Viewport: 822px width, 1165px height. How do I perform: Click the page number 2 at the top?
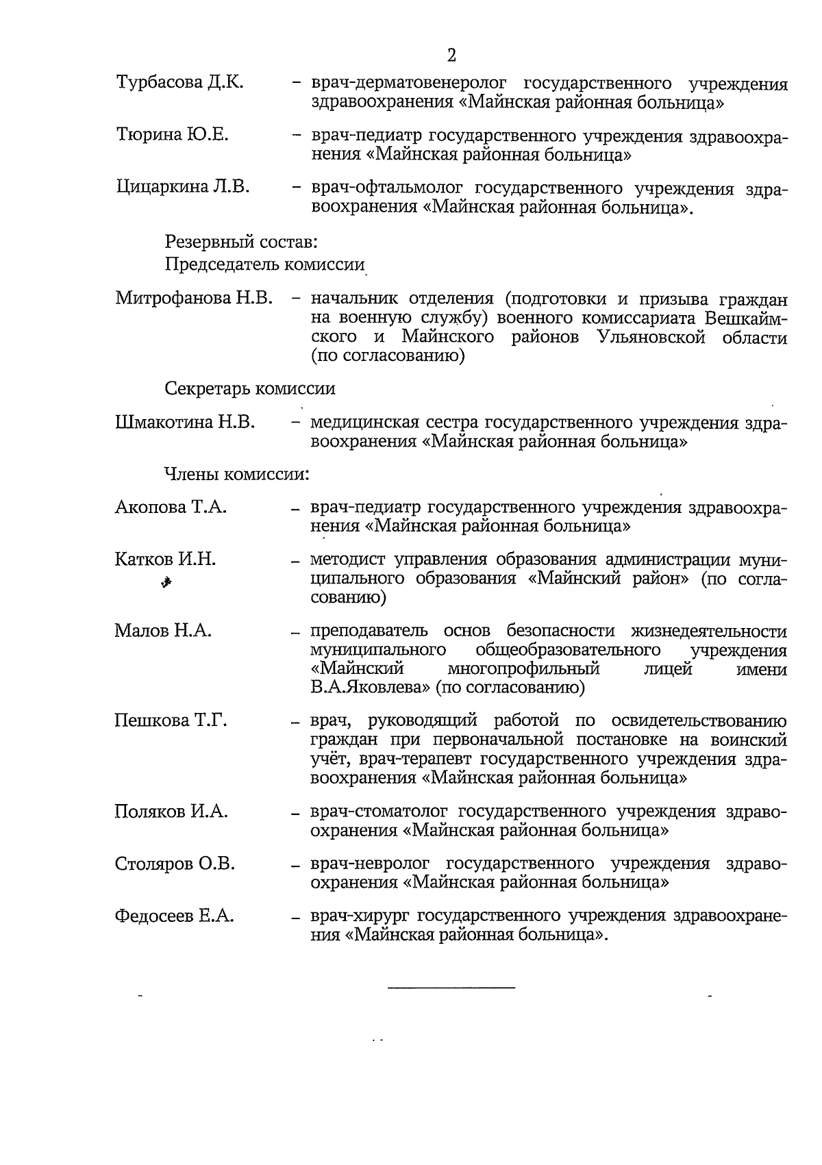tap(451, 55)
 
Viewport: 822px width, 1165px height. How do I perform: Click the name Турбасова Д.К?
tap(180, 84)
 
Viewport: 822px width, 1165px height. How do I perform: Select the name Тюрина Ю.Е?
tap(172, 135)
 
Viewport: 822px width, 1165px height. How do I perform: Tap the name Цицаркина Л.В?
tap(183, 186)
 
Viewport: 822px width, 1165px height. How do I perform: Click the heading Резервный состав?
tap(240, 242)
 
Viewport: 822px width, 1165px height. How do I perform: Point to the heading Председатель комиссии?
tap(264, 265)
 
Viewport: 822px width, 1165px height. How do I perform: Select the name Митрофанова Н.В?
tap(195, 299)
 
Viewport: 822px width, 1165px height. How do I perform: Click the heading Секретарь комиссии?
tap(250, 389)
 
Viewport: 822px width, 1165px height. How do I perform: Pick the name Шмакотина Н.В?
tap(185, 423)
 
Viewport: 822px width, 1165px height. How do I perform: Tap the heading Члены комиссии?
tap(237, 473)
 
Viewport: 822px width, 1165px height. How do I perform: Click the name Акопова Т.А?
tap(171, 508)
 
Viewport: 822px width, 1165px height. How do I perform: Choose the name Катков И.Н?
tap(165, 560)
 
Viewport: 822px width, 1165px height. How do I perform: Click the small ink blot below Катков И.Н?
tap(165, 583)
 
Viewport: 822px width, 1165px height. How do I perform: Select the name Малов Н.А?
tap(163, 631)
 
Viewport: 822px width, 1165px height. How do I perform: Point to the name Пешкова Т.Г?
tap(171, 721)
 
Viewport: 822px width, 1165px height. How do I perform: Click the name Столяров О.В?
tap(175, 864)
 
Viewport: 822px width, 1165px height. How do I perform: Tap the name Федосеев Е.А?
tap(174, 916)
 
